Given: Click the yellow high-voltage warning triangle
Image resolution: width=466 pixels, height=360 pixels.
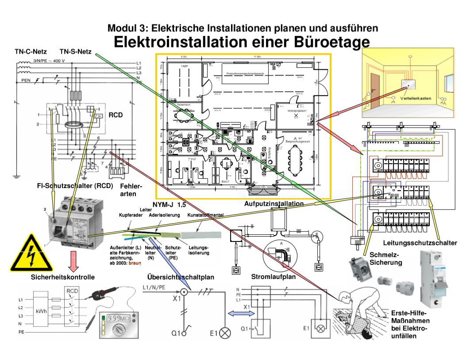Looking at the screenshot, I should [31, 254].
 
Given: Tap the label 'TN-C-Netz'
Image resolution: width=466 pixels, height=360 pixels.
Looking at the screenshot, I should [27, 51].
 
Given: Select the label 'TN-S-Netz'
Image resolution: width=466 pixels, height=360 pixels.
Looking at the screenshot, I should [75, 51].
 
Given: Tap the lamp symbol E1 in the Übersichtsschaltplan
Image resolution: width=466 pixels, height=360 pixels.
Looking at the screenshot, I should [226, 332].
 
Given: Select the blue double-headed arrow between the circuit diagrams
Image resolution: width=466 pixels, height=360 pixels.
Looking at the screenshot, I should [241, 313].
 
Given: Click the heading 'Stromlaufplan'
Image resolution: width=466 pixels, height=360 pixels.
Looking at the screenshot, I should [273, 277].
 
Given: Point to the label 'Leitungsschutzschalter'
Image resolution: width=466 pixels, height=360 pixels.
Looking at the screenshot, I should [420, 243].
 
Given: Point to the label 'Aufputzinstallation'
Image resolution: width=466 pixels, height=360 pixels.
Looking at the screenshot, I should [274, 204].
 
